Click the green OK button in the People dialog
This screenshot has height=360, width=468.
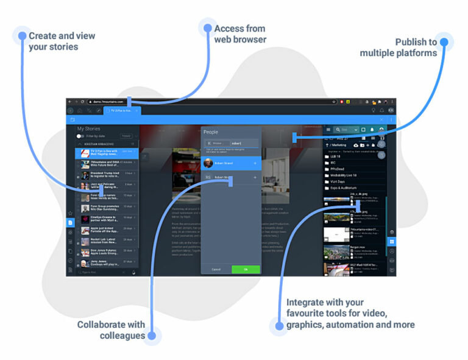tap(246, 269)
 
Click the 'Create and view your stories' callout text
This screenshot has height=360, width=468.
tap(62, 41)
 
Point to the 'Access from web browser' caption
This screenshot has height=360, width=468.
tap(240, 34)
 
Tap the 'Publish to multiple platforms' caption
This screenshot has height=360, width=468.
tap(399, 47)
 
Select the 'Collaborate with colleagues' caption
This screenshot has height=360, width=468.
tap(111, 330)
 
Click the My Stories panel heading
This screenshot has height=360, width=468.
tap(89, 129)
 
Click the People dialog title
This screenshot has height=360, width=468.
tap(211, 132)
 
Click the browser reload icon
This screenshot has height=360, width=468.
tap(83, 102)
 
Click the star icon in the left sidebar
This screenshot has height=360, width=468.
tap(71, 213)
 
